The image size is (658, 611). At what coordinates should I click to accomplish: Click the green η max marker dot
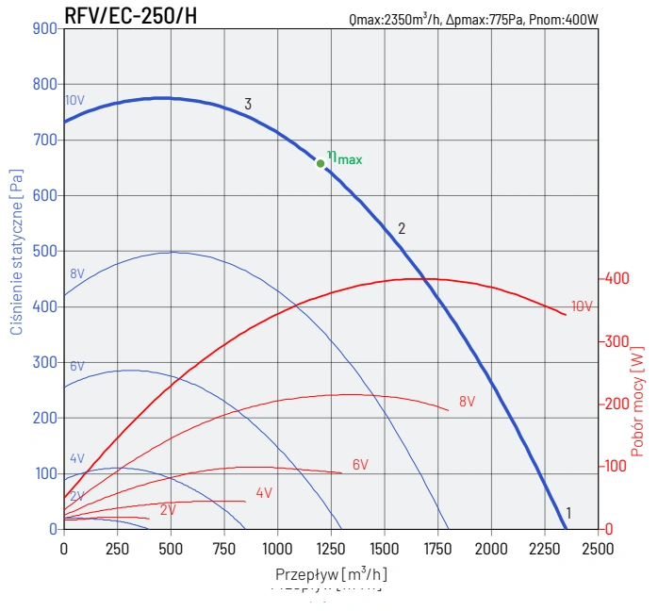(321, 163)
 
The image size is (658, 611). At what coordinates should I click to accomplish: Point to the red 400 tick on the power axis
(617, 279)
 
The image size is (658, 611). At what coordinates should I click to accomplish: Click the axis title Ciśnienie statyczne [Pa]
(16, 253)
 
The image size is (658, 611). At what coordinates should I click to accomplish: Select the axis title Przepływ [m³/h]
(331, 573)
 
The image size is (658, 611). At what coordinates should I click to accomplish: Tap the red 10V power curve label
(582, 306)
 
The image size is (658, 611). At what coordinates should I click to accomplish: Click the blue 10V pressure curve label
(75, 101)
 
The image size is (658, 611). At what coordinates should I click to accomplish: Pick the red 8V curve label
(467, 402)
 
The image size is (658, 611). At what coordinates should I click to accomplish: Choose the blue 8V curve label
(77, 273)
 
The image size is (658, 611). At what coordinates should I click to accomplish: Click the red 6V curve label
(360, 465)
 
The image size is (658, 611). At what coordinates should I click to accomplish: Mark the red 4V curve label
(264, 493)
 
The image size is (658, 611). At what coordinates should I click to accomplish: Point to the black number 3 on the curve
(248, 105)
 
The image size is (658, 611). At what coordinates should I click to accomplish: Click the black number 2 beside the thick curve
(402, 228)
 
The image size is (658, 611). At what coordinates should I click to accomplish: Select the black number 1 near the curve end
(568, 514)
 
